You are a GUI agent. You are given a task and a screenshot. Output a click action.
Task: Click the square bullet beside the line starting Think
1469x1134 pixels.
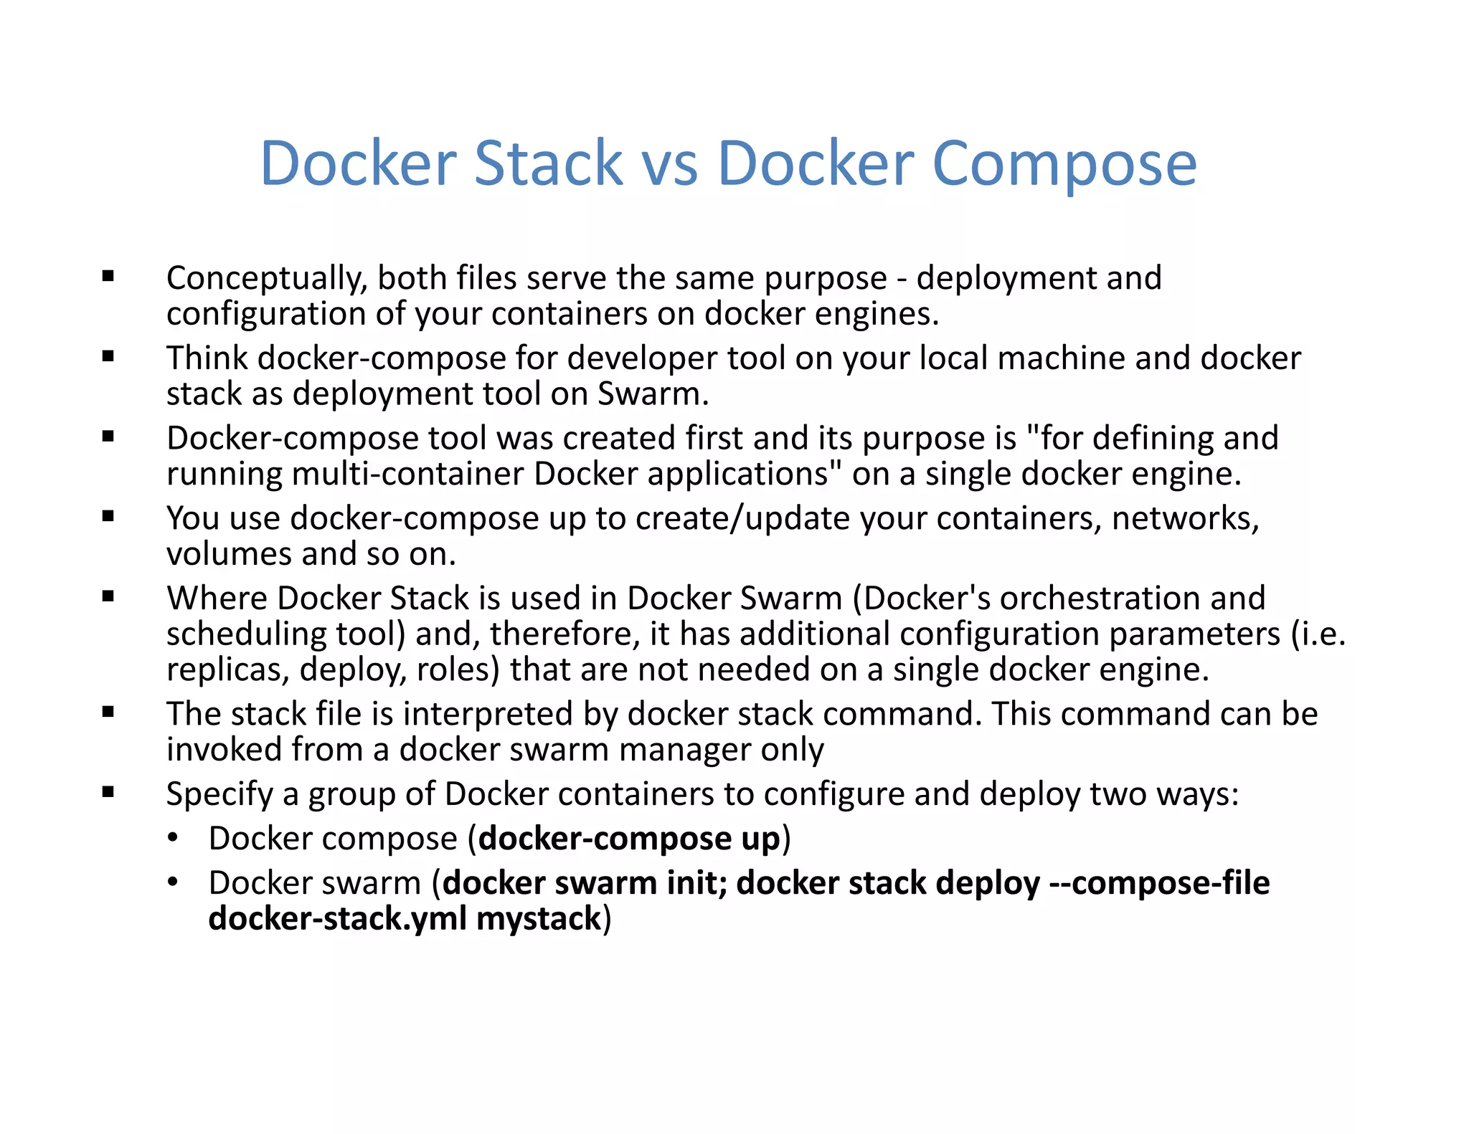click(108, 356)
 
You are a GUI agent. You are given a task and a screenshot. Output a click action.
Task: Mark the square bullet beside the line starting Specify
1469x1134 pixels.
click(108, 792)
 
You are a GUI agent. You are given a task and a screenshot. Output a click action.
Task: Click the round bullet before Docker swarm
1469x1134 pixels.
click(172, 882)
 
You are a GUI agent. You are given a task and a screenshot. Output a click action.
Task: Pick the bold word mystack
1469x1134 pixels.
click(538, 919)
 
